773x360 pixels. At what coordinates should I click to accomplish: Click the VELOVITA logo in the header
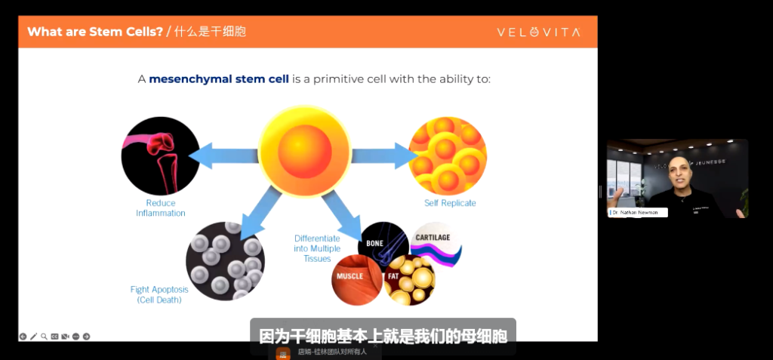(x=537, y=32)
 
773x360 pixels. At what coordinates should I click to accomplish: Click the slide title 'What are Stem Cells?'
(x=95, y=32)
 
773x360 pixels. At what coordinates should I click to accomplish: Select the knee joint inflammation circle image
(x=160, y=156)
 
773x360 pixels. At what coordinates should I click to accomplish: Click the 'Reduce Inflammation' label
(x=160, y=208)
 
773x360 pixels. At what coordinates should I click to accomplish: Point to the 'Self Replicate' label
(x=450, y=203)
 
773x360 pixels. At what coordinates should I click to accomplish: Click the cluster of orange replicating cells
(x=447, y=155)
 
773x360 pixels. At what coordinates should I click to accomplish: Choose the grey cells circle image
(x=225, y=261)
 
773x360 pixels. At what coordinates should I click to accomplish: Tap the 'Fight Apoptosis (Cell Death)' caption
(x=159, y=294)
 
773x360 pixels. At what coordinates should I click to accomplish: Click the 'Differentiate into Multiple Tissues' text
(x=318, y=248)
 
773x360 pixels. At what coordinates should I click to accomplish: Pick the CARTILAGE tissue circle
(x=433, y=244)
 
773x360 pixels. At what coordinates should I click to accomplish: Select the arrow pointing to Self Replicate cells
(x=383, y=156)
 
